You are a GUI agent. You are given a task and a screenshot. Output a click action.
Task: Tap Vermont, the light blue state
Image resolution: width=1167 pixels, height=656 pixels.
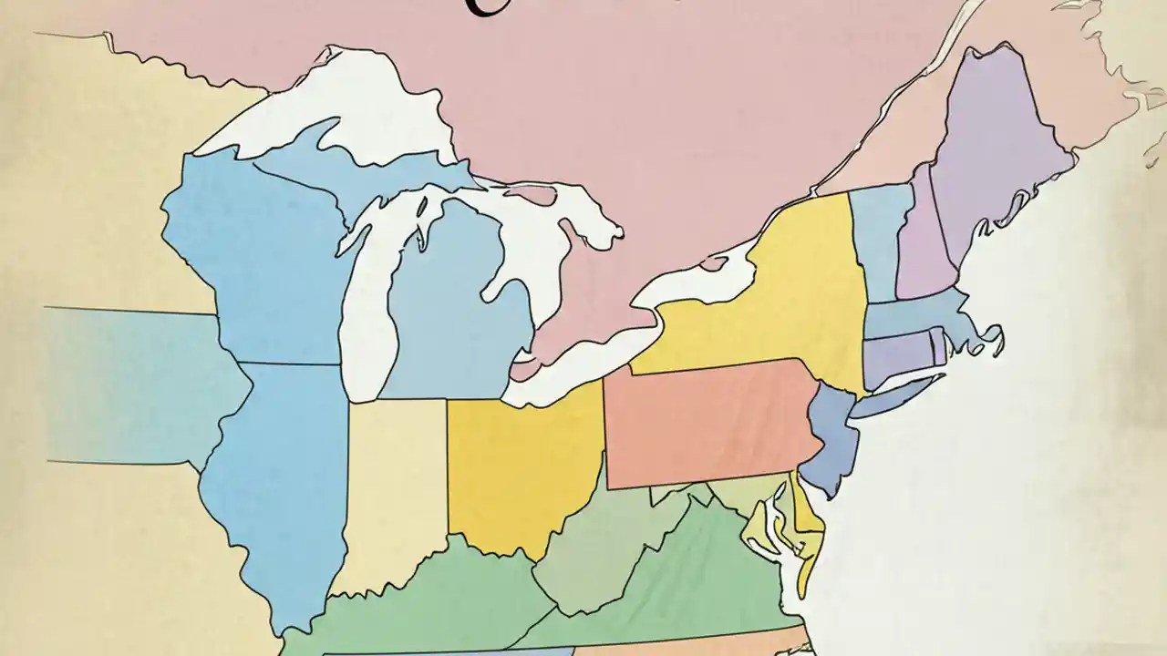click(877, 237)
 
